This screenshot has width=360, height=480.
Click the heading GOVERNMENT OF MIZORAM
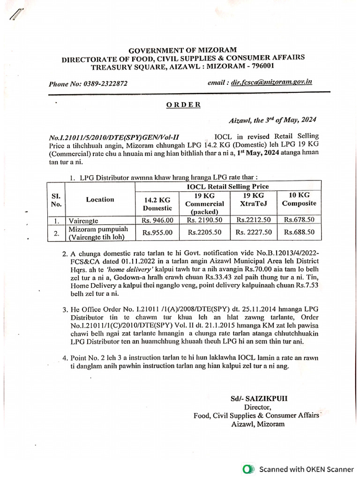(x=182, y=50)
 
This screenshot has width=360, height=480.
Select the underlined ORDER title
(x=184, y=105)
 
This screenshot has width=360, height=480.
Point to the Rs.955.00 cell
(x=157, y=232)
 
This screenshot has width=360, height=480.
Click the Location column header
(x=100, y=199)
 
